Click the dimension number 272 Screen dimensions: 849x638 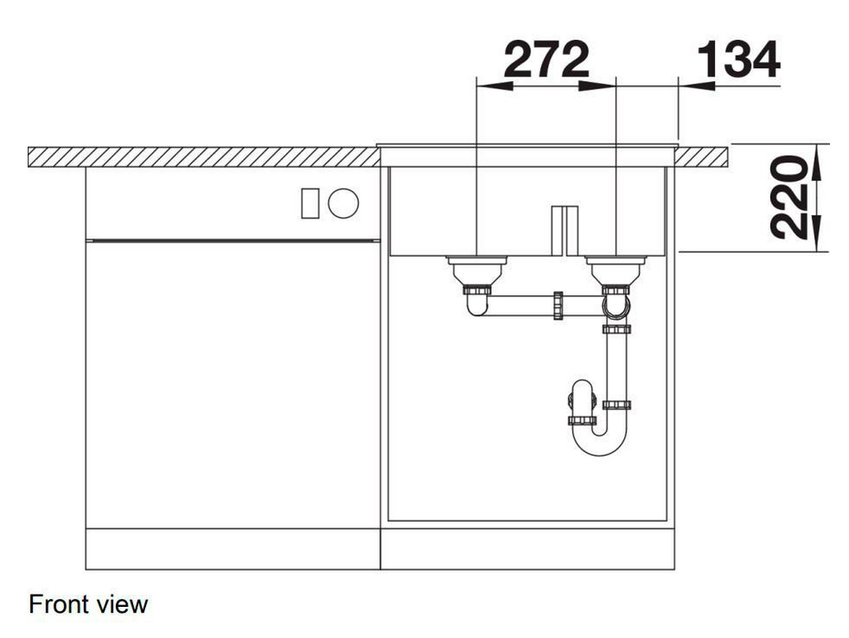(x=547, y=60)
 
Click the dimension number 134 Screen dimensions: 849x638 (x=739, y=60)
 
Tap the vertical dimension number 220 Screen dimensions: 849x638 (x=788, y=197)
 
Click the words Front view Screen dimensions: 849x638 (x=89, y=604)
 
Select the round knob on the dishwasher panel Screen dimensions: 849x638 (x=343, y=203)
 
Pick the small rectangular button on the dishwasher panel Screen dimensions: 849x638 (x=310, y=203)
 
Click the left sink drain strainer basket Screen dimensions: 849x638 (x=476, y=270)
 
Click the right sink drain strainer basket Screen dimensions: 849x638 (x=616, y=270)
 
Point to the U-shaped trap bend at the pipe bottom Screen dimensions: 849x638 (x=600, y=443)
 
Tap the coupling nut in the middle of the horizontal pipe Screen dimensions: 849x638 (x=559, y=305)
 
